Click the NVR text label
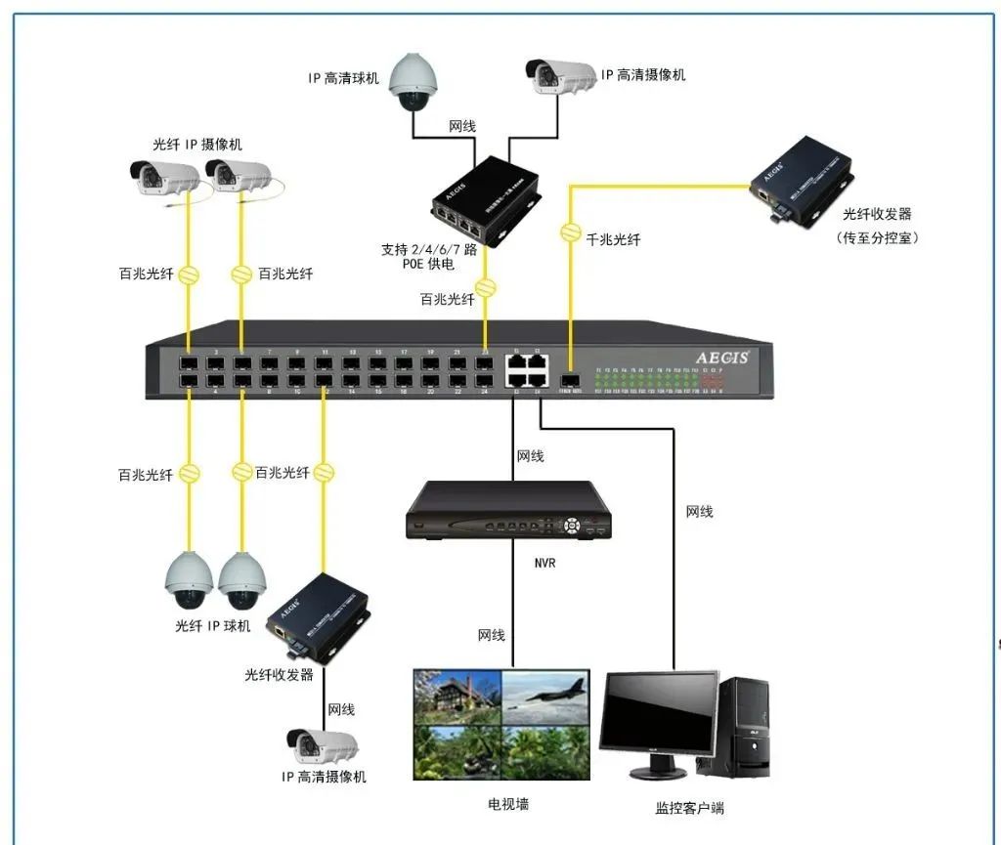(544, 563)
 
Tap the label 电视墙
(508, 804)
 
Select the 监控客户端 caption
(689, 808)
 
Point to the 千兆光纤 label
(613, 239)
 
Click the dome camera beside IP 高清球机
(414, 82)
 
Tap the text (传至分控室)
(877, 237)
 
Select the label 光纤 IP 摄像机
(197, 145)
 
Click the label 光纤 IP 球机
(213, 626)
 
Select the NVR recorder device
(508, 511)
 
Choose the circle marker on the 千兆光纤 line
(570, 233)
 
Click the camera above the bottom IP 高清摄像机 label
(322, 747)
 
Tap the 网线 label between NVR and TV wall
(492, 636)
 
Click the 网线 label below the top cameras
(462, 127)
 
